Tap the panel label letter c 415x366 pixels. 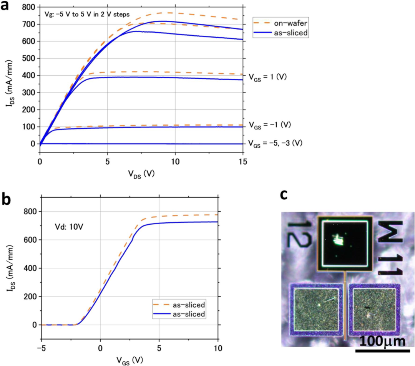point(284,195)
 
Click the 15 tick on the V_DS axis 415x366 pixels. point(243,160)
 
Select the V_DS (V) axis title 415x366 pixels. point(141,173)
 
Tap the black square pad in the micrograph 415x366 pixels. point(345,244)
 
